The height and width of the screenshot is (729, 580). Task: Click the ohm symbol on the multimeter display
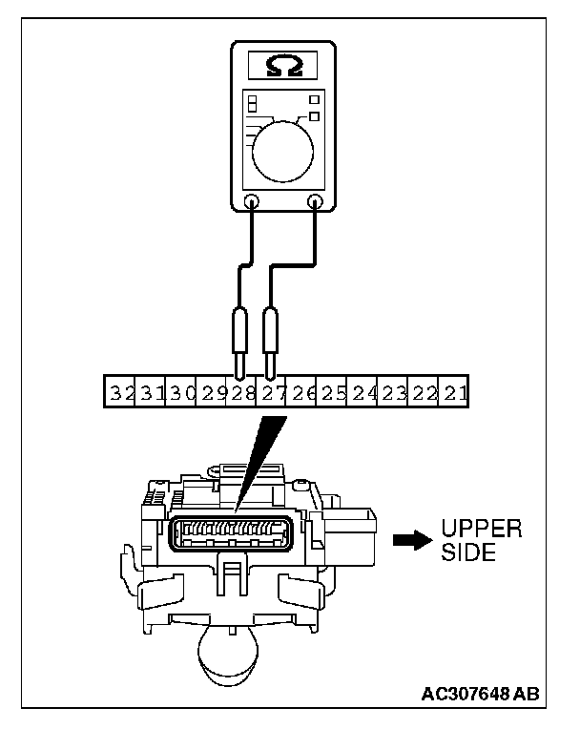pyautogui.click(x=282, y=66)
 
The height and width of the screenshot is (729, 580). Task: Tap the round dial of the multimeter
pyautogui.click(x=283, y=149)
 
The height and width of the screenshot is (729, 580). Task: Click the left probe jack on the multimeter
pyautogui.click(x=252, y=201)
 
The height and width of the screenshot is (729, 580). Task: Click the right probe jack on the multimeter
pyautogui.click(x=316, y=201)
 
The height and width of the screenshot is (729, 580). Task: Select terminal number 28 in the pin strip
pyautogui.click(x=240, y=392)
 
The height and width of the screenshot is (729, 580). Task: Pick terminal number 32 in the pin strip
pyautogui.click(x=120, y=392)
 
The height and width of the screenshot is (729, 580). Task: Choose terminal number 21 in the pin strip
pyautogui.click(x=453, y=392)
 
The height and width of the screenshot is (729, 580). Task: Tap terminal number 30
pyautogui.click(x=181, y=392)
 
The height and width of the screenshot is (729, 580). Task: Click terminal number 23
pyautogui.click(x=393, y=392)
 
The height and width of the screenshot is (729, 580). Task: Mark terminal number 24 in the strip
pyautogui.click(x=362, y=392)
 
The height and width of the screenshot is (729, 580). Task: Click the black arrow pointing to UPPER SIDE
pyautogui.click(x=411, y=539)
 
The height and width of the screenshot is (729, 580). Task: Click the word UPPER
pyautogui.click(x=482, y=530)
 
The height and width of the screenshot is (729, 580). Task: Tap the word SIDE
pyautogui.click(x=468, y=552)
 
